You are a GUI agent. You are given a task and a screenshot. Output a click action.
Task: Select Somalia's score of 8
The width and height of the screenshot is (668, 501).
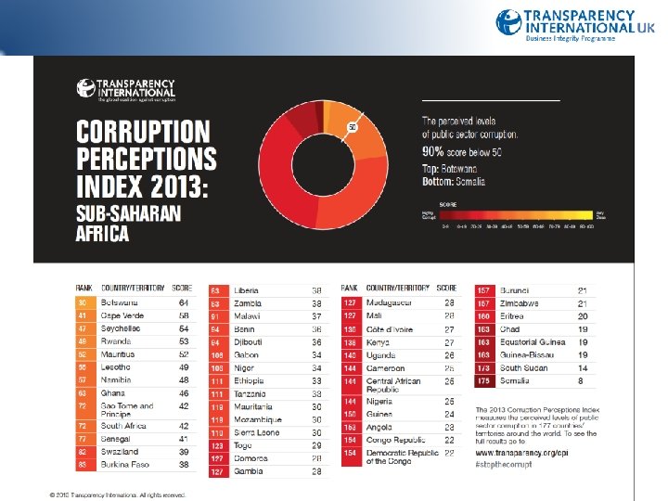point(582,380)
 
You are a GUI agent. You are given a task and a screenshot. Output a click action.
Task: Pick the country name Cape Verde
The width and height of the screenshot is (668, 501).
point(122,315)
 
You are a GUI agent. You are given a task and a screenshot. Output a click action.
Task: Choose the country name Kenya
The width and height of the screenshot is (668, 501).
point(378,342)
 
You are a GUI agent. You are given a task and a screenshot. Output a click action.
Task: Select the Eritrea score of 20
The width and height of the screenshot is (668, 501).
point(583,316)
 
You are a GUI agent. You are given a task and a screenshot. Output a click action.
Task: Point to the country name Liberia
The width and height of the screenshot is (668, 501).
point(247,290)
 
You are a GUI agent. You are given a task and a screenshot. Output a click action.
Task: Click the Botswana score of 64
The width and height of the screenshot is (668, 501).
point(185,302)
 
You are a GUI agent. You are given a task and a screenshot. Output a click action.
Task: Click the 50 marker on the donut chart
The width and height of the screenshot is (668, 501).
point(353,126)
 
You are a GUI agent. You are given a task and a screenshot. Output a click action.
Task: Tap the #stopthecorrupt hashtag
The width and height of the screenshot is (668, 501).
point(505,462)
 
